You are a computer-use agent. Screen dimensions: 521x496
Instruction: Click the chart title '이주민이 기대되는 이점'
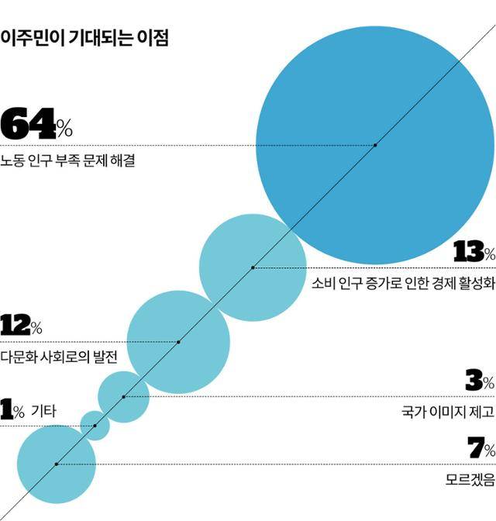(x=84, y=37)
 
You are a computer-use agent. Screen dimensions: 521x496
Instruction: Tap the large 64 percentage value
(x=37, y=124)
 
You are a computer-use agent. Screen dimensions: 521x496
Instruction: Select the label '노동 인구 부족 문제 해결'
(x=68, y=162)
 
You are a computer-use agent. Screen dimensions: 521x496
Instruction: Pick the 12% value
(x=21, y=325)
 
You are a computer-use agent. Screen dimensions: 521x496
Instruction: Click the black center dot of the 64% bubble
(x=375, y=145)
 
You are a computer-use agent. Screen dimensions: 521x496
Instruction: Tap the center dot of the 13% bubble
(x=253, y=267)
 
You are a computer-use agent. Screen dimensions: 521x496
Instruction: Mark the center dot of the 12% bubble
(x=178, y=342)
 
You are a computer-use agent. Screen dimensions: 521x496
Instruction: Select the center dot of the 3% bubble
(x=123, y=397)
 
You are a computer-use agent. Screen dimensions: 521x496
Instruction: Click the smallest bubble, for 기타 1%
(x=95, y=426)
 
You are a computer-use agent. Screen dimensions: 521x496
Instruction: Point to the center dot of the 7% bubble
(x=56, y=464)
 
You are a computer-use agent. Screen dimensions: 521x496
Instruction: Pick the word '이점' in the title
(x=152, y=37)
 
